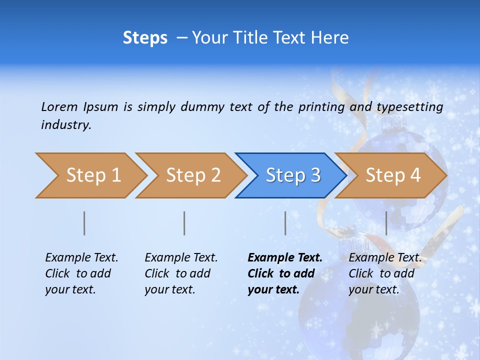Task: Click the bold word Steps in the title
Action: pos(145,37)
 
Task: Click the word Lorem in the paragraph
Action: pos(59,106)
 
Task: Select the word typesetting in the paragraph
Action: pos(409,106)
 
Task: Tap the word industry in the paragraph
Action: pos(66,124)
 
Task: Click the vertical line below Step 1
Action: pos(84,223)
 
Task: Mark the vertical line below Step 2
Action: pos(184,223)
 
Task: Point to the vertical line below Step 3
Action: pos(285,223)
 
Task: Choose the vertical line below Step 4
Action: pos(386,223)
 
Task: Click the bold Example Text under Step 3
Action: pos(285,258)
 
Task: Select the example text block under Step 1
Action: pos(81,273)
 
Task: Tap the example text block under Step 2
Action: pos(181,273)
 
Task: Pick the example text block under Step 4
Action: pos(384,273)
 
